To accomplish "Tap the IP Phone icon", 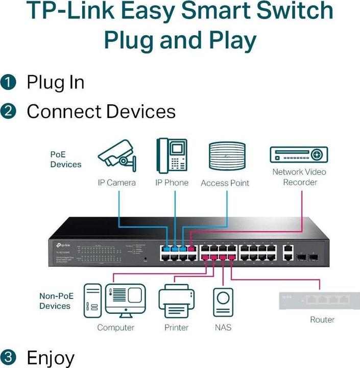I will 172,155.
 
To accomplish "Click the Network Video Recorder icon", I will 299,154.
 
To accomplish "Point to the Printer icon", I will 177,303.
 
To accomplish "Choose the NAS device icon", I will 223,303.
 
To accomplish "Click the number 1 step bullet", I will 9,82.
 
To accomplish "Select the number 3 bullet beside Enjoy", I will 9,357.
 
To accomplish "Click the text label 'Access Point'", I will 225,183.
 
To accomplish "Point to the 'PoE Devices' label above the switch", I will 65,159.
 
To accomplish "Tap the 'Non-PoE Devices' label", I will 55,301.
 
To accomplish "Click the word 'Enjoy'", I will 50,357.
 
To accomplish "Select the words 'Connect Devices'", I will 101,111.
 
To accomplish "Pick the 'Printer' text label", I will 177,327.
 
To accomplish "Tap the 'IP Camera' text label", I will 117,182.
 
